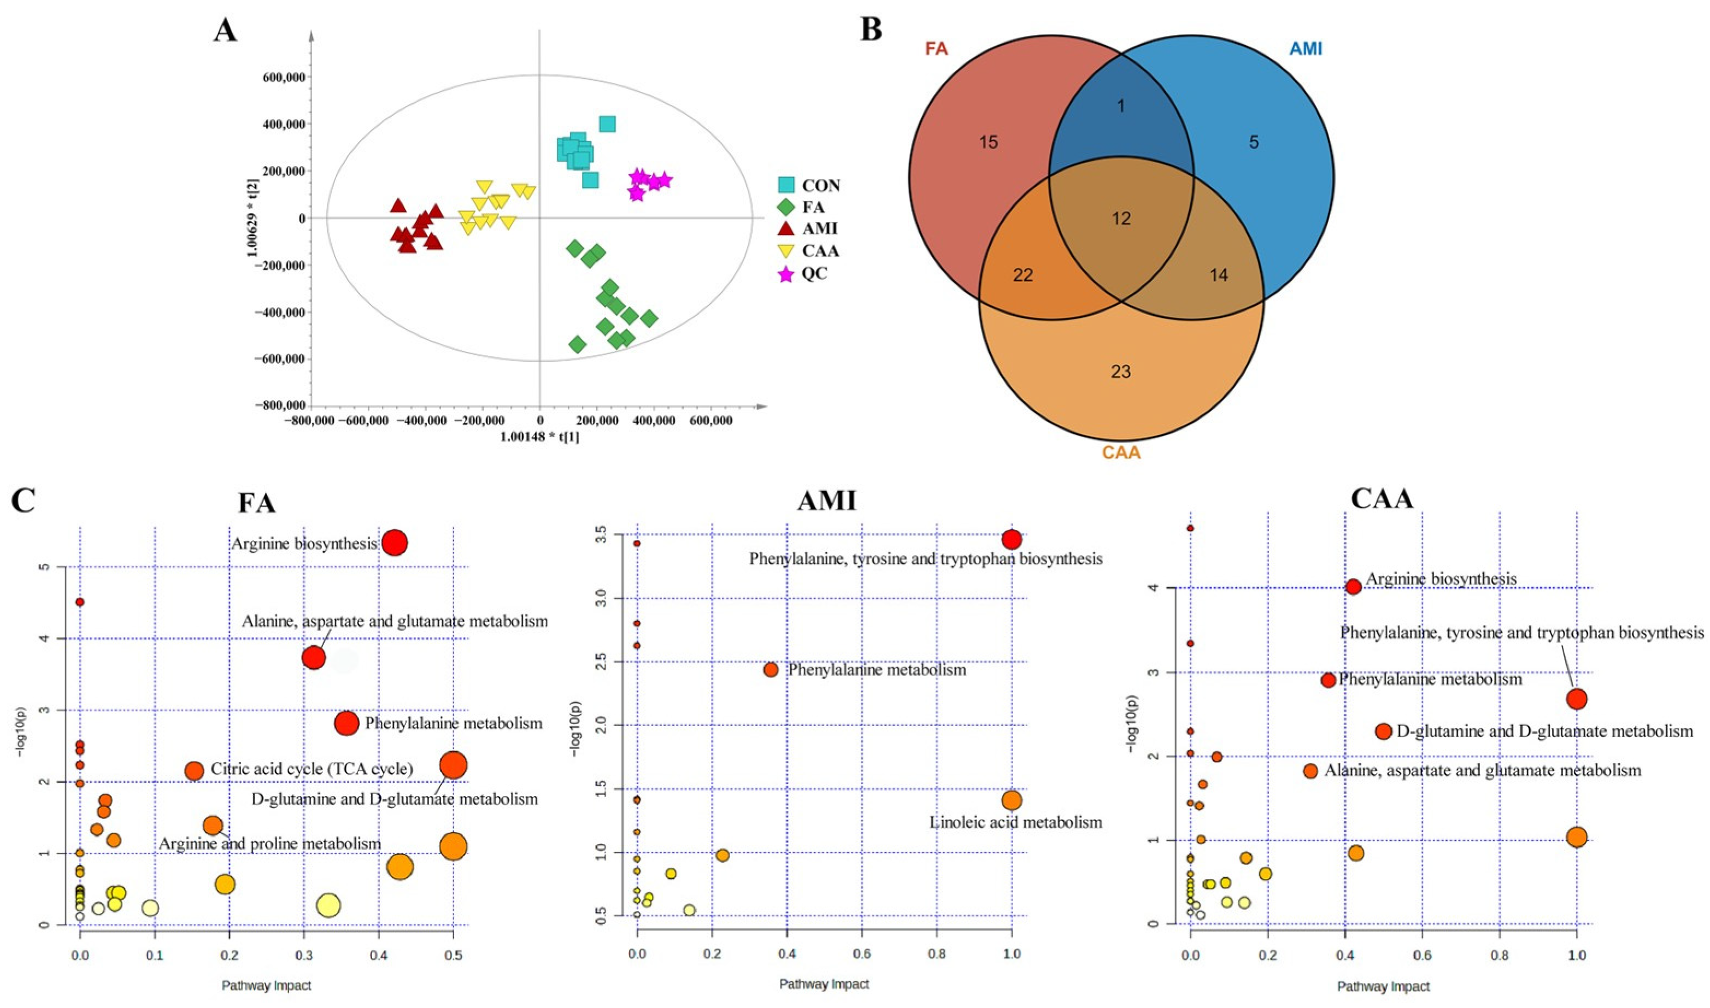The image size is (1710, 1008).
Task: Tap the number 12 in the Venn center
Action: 1121,219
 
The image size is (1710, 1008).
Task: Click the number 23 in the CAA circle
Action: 1121,372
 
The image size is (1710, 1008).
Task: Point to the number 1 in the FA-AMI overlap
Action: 1121,106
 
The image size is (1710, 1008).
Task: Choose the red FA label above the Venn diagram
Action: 936,49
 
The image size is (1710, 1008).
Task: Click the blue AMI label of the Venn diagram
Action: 1305,49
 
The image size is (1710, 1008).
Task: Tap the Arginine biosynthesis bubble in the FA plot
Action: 394,543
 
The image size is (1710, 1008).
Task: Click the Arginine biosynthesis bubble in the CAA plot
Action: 1353,587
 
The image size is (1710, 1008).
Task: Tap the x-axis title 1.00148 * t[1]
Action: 539,436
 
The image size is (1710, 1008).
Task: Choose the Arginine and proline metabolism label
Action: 270,844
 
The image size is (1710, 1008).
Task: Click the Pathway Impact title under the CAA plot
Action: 1383,987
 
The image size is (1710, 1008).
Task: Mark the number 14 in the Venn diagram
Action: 1219,275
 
